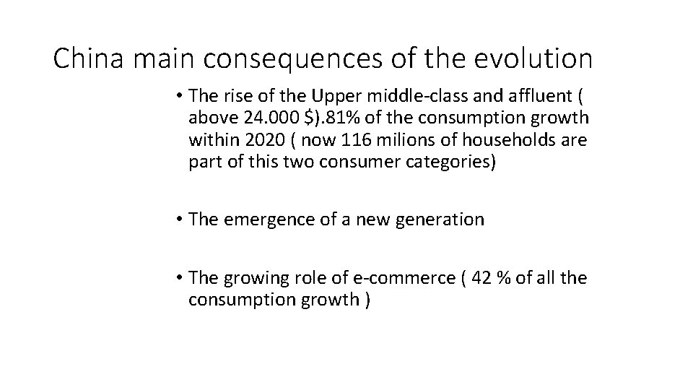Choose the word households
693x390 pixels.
tap(510, 141)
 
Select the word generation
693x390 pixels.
tap(438, 219)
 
